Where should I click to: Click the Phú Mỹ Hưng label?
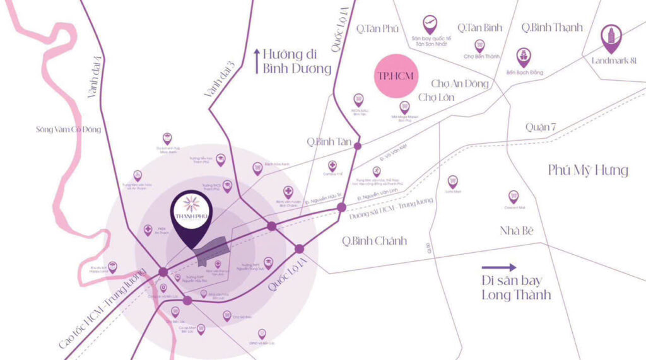588,170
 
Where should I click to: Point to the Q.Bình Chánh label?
374,240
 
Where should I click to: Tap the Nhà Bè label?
517,230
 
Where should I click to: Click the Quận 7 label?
541,127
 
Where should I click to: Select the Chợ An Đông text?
460,83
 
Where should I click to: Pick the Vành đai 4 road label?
94,77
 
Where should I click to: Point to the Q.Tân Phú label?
376,28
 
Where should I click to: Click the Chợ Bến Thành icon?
479,45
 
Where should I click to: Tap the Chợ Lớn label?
436,97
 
